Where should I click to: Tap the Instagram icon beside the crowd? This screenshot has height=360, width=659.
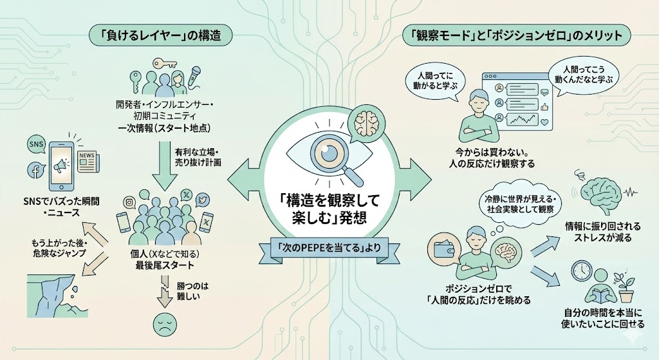click(129, 203)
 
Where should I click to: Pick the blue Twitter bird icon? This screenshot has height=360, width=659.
click(201, 200)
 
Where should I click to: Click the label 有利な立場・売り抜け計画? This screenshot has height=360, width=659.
click(198, 157)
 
